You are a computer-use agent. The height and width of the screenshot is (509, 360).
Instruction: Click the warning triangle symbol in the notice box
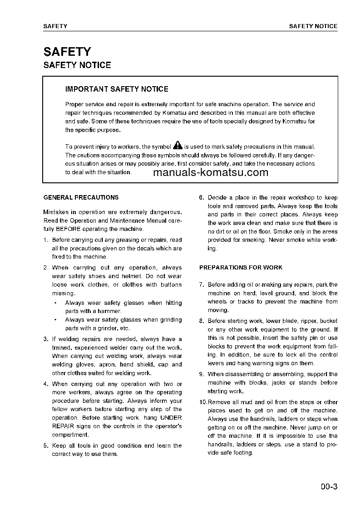pos(178,146)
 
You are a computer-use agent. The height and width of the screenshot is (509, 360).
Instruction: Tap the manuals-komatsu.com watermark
pos(211,172)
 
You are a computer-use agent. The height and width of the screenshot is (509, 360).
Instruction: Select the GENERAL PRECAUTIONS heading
pos(81,197)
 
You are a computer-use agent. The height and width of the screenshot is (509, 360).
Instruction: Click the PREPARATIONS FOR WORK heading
pos(241,268)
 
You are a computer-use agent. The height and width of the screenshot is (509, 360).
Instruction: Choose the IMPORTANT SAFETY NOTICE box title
pos(117,89)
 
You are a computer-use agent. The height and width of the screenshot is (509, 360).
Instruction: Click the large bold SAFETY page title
pos(67,52)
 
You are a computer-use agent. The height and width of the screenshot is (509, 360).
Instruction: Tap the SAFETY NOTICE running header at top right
pos(313,26)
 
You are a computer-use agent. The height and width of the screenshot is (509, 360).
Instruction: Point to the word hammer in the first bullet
pos(111,311)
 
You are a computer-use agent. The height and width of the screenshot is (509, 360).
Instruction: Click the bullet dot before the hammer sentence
pos(55,303)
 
